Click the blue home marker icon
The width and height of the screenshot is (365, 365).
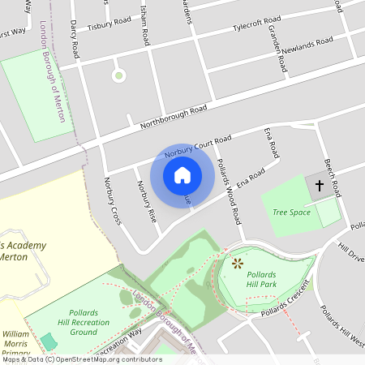pos(182,174)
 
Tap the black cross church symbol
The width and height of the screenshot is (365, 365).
pos(319,187)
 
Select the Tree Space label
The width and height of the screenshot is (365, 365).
pos(292,213)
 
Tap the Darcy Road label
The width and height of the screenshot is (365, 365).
pos(74,38)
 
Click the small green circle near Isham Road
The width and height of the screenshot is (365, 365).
pos(119,76)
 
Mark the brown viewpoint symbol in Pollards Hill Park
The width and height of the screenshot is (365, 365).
pos(238,264)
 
